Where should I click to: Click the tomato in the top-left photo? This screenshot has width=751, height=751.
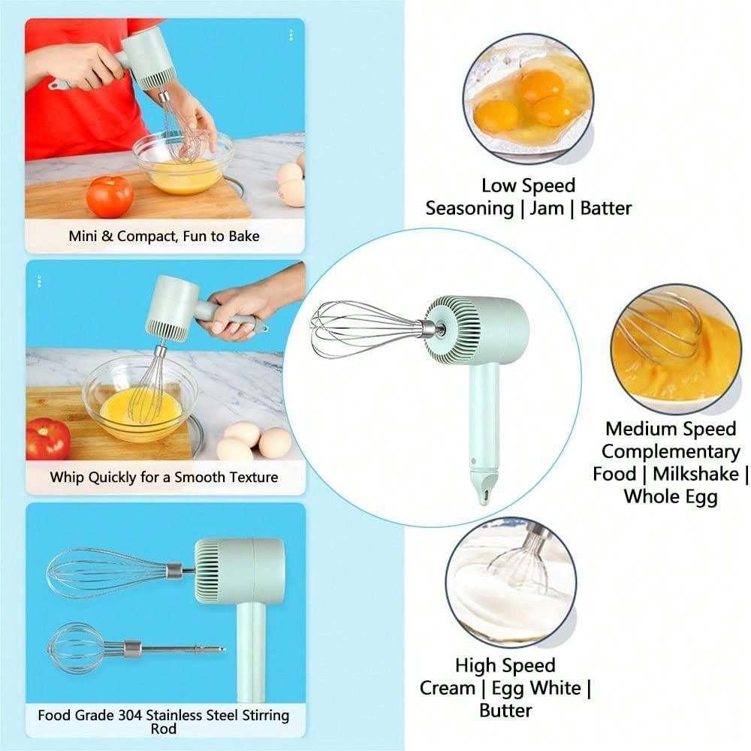click(110, 197)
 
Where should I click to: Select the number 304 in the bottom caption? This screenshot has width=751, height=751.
click(147, 715)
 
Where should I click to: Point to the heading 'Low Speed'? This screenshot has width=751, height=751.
click(528, 185)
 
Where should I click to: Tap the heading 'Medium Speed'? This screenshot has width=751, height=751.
click(671, 429)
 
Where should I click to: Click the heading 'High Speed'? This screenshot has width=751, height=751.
click(505, 665)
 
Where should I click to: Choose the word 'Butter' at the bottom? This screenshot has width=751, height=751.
click(505, 710)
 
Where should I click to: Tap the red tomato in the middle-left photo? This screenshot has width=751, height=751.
click(47, 439)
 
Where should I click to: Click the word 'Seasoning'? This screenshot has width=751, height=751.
click(469, 208)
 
